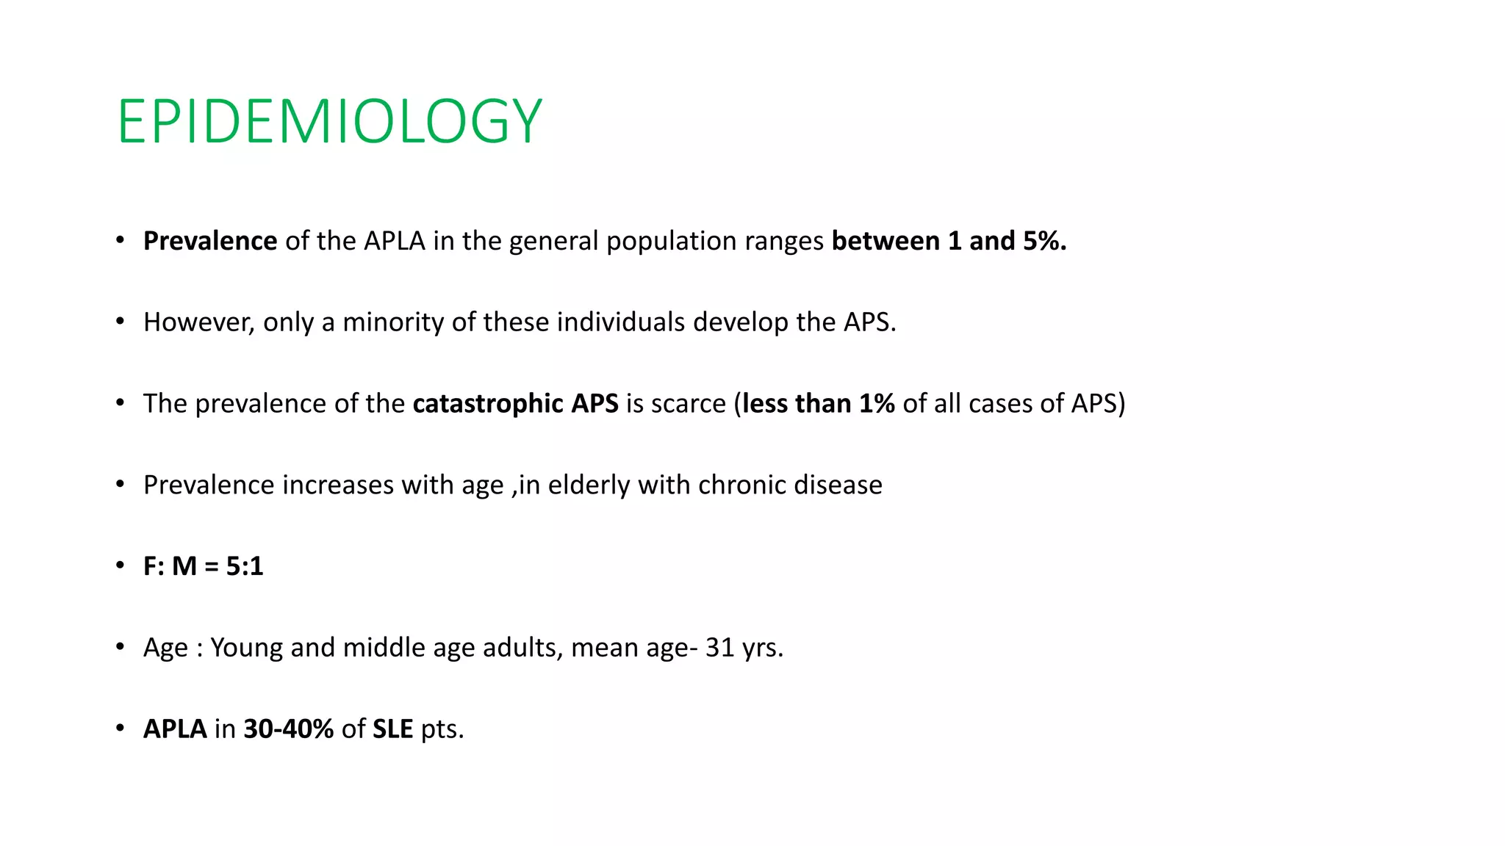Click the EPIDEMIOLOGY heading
[329, 122]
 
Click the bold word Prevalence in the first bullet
[210, 241]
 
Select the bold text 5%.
[1038, 241]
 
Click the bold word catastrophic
[488, 404]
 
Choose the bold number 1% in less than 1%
[877, 404]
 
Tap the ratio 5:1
[245, 566]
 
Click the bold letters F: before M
[154, 566]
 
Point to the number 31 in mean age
[719, 648]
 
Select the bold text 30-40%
[289, 729]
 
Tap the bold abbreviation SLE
[393, 729]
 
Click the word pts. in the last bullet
[442, 729]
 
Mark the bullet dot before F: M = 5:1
[120, 566]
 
